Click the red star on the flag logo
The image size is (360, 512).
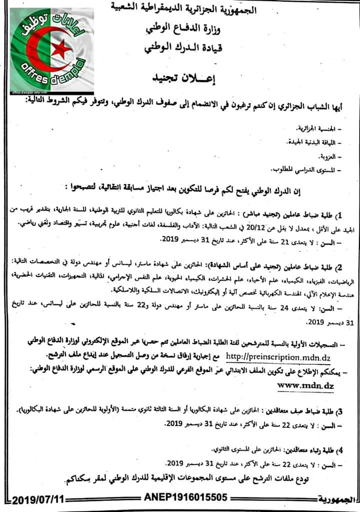62,48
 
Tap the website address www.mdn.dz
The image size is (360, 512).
304,385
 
